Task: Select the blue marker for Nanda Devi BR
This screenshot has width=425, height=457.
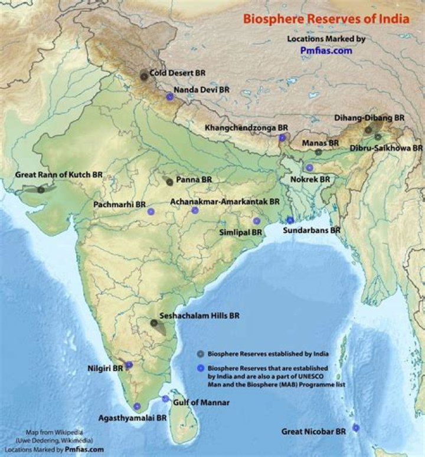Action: click(x=170, y=97)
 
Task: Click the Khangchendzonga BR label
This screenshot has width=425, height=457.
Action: click(x=246, y=127)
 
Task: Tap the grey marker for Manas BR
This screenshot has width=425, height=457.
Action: click(x=318, y=152)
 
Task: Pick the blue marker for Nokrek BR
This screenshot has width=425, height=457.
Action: click(x=309, y=167)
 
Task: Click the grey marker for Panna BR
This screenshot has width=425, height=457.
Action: click(x=170, y=182)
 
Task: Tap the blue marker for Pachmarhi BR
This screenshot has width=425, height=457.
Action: click(x=151, y=211)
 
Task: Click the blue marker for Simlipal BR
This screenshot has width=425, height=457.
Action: click(x=256, y=221)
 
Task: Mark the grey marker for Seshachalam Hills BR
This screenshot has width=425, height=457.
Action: click(x=155, y=323)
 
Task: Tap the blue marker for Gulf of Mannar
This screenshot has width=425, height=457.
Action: click(x=165, y=399)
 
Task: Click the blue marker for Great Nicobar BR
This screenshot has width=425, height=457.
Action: click(x=356, y=428)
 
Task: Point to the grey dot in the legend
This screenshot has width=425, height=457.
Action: click(x=201, y=354)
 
